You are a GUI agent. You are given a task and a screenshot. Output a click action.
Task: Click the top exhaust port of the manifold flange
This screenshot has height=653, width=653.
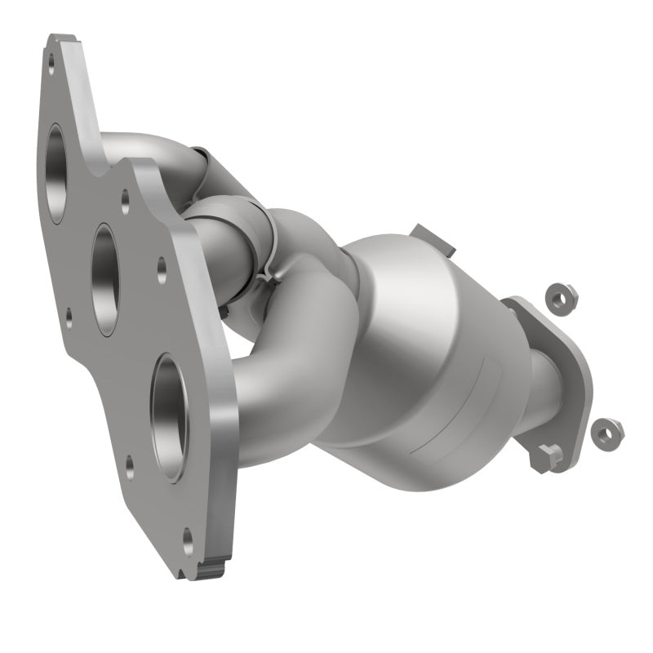point(55,172)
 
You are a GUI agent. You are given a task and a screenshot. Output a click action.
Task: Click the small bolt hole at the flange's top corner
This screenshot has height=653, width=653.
point(51,59)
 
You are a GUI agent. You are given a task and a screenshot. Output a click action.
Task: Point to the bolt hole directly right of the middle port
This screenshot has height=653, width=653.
point(162,264)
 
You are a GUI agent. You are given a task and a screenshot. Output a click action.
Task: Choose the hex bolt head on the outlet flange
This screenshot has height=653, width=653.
point(548,455)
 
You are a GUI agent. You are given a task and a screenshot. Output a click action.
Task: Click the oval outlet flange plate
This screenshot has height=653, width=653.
point(563,384)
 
